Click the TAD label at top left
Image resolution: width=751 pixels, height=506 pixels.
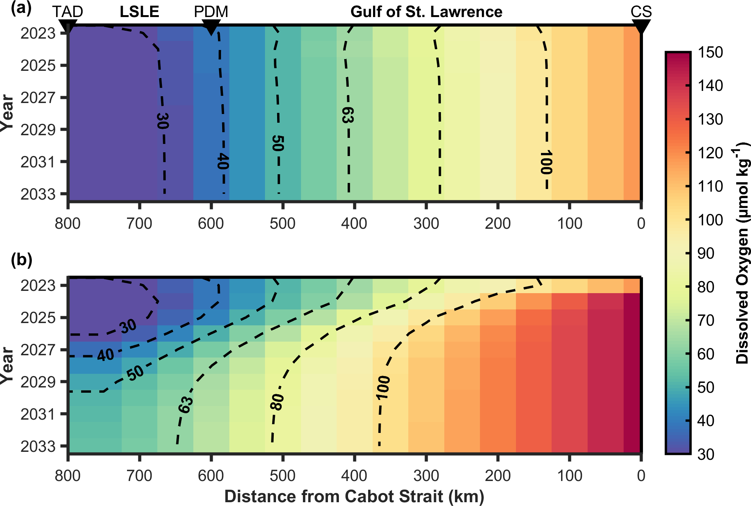(x=67, y=12)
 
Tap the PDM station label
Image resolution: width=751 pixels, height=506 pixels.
(x=211, y=12)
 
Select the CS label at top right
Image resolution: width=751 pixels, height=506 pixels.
(x=641, y=12)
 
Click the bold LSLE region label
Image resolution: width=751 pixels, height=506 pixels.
(x=139, y=12)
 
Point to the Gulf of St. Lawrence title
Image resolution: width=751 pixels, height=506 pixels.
(x=426, y=12)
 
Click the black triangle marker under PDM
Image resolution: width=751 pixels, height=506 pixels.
(x=211, y=27)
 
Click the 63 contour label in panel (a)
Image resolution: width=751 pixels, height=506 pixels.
(x=348, y=115)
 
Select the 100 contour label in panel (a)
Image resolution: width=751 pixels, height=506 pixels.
(x=546, y=162)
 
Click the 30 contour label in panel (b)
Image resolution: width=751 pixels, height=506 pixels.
(x=128, y=326)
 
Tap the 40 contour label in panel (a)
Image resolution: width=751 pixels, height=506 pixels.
(x=223, y=161)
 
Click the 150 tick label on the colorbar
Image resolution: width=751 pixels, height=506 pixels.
(x=710, y=52)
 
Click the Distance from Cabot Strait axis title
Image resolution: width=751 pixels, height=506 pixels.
(x=354, y=496)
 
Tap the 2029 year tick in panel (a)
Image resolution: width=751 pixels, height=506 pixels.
(x=38, y=130)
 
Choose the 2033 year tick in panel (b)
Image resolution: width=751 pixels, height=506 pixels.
(x=38, y=447)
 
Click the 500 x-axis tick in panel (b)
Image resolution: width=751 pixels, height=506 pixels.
(x=282, y=476)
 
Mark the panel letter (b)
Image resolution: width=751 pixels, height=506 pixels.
(x=22, y=260)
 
